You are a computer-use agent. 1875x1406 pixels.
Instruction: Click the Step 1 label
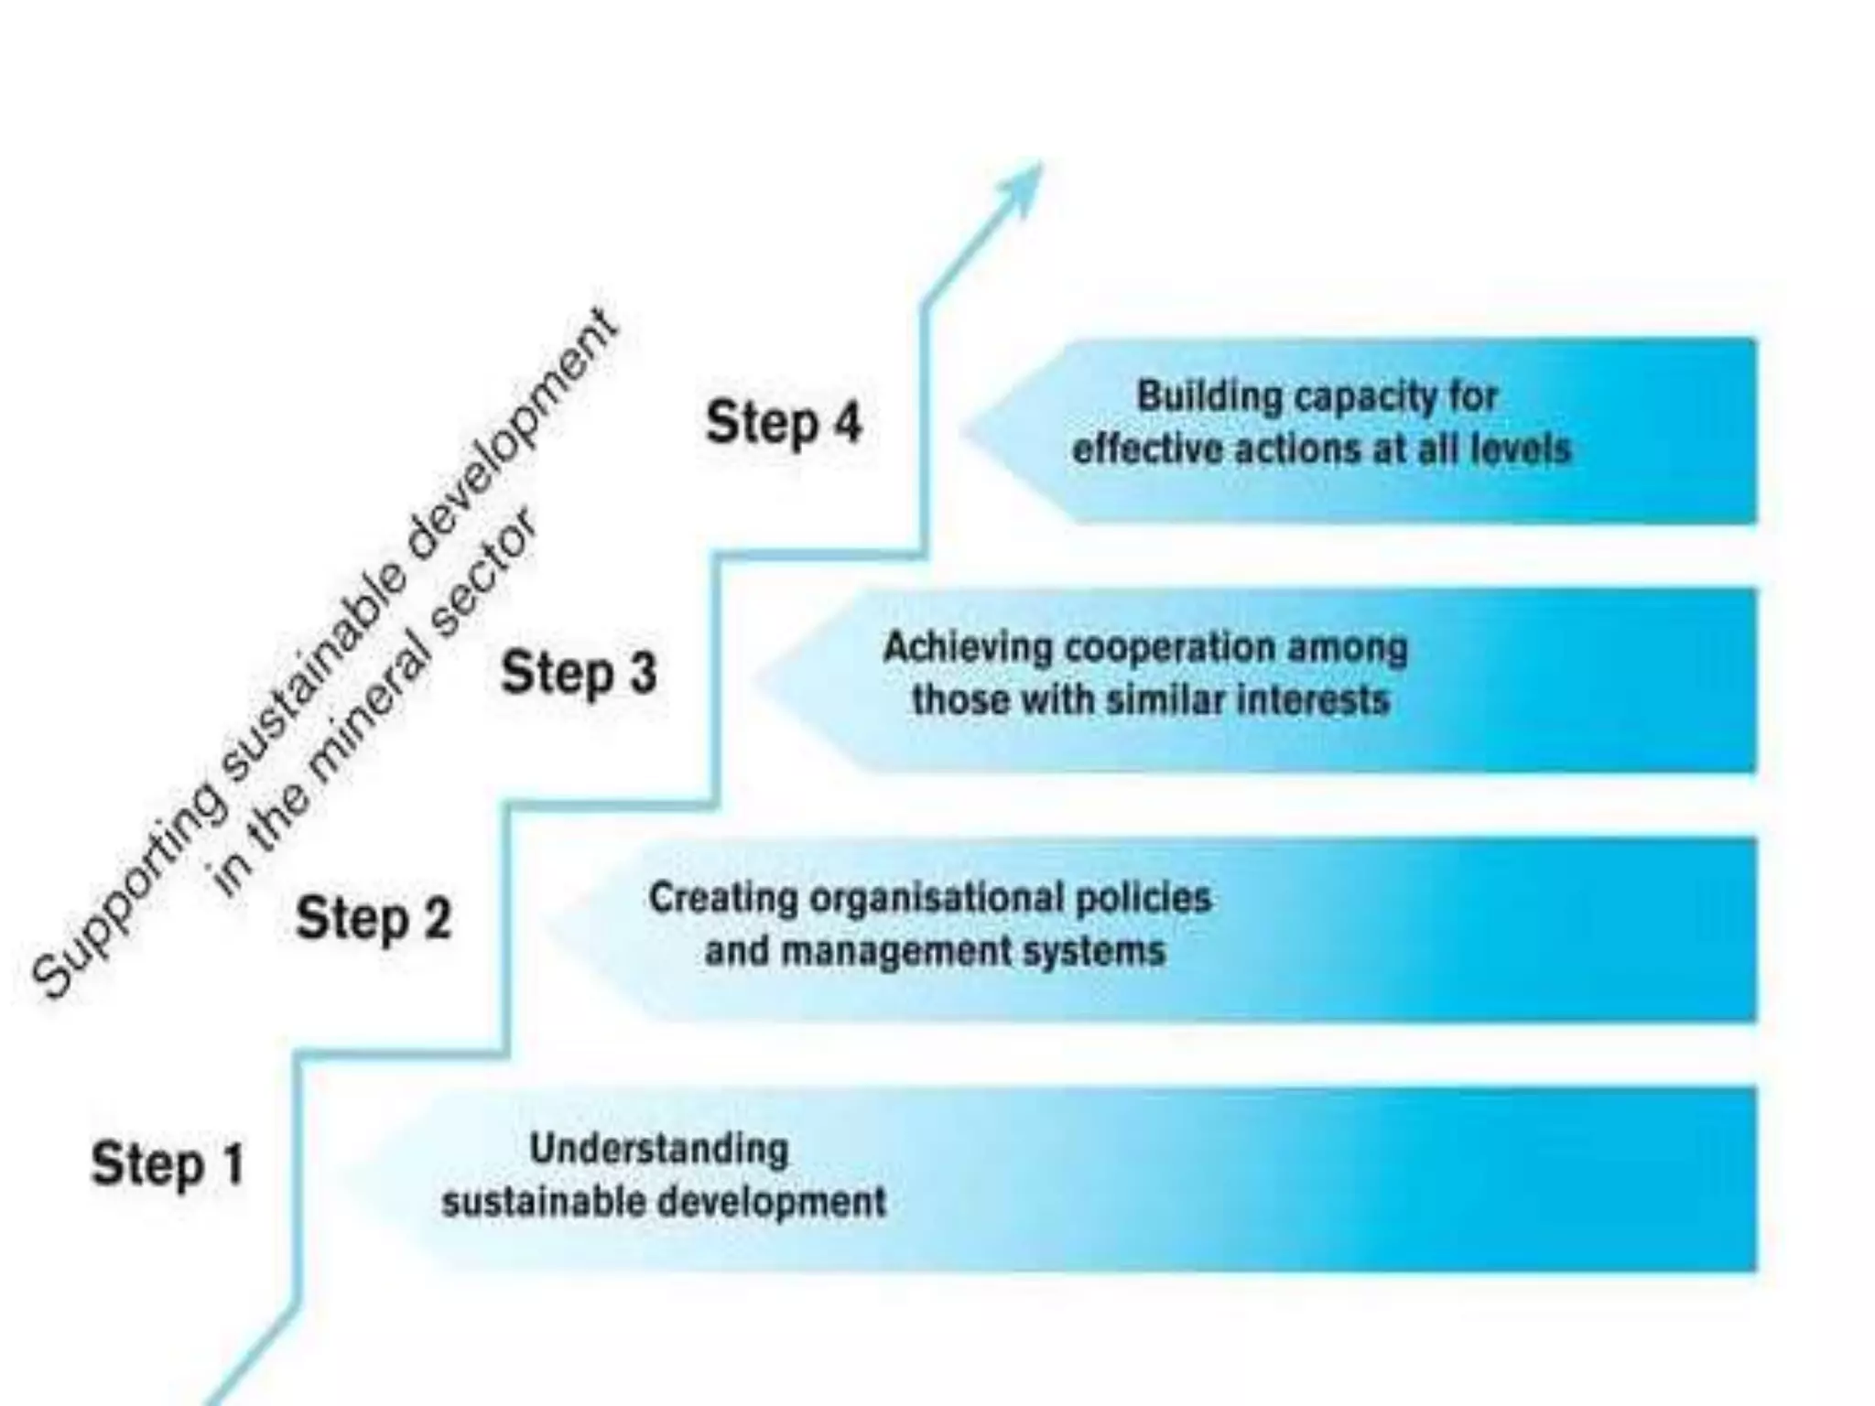[x=168, y=1164]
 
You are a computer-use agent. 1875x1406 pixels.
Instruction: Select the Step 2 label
[x=374, y=918]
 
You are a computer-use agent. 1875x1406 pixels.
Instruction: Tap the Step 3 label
[x=579, y=673]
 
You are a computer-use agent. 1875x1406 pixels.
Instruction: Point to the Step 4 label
[x=784, y=423]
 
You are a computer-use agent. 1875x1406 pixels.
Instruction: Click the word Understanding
[x=658, y=1150]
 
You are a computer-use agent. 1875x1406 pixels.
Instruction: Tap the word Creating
[x=722, y=898]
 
